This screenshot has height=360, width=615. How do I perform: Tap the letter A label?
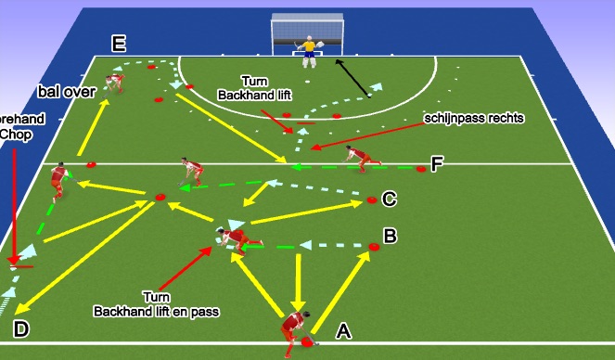pos(342,329)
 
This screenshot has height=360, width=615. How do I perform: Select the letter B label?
pos(391,237)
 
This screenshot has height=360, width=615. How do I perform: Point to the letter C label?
pos(390,198)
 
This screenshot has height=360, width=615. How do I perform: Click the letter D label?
pos(20,328)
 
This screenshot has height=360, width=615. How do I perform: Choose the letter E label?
pos(118,44)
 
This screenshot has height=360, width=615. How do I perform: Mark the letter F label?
pos(436,164)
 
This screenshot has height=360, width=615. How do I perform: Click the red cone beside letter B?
pos(374,248)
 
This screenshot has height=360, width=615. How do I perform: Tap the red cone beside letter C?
pos(372,199)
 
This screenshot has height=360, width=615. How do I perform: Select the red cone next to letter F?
pos(421,169)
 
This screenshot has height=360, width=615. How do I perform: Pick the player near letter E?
pos(114,83)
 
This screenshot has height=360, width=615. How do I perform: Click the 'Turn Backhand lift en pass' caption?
pos(156,304)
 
